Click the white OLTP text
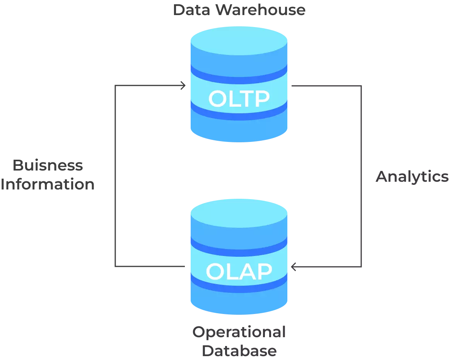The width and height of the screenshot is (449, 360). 239,99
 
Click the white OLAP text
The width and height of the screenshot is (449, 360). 239,271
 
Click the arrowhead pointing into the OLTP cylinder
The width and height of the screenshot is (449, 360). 183,85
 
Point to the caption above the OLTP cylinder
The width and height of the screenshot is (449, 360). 239,10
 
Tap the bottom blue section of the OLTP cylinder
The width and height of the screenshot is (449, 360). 239,130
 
